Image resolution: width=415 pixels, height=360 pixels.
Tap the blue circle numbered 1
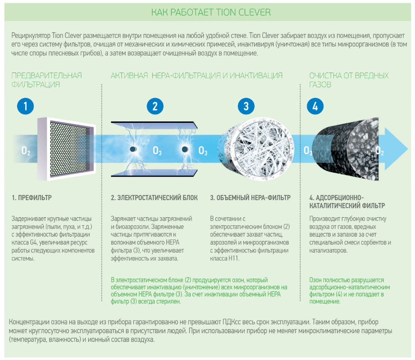pos(25,106)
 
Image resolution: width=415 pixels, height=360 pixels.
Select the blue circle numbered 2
pos(155,106)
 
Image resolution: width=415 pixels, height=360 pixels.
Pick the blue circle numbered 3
pos(246,106)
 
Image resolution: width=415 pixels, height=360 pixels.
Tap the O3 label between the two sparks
pos(157,151)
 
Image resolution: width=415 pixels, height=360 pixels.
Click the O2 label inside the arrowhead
pos(379,151)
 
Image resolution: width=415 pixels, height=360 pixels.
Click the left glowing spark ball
pos(133,150)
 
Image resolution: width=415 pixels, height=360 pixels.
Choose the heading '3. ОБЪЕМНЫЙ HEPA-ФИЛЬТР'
pos(250,197)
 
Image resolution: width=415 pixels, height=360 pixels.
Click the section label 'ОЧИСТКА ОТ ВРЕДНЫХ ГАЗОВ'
pos(349,80)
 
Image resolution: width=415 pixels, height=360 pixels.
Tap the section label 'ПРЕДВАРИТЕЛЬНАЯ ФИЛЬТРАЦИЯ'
pos(46,80)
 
